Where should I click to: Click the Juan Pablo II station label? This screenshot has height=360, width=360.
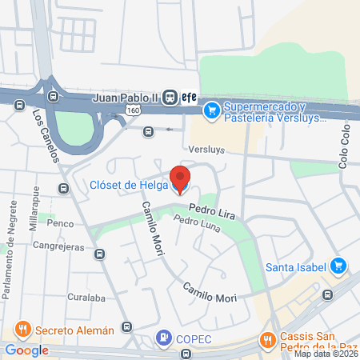tap(126, 97)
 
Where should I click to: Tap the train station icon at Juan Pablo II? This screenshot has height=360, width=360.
tap(170, 97)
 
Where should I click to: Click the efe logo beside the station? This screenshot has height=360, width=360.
tap(188, 97)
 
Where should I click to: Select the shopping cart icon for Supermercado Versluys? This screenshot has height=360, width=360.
tap(212, 109)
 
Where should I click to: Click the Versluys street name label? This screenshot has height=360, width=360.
tap(206, 149)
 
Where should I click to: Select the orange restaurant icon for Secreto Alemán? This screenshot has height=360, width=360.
tap(22, 328)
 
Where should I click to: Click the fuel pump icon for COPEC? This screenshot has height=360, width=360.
tap(164, 338)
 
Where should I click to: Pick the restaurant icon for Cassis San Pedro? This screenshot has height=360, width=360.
tap(267, 341)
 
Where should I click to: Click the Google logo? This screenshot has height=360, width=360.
tap(26, 350)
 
